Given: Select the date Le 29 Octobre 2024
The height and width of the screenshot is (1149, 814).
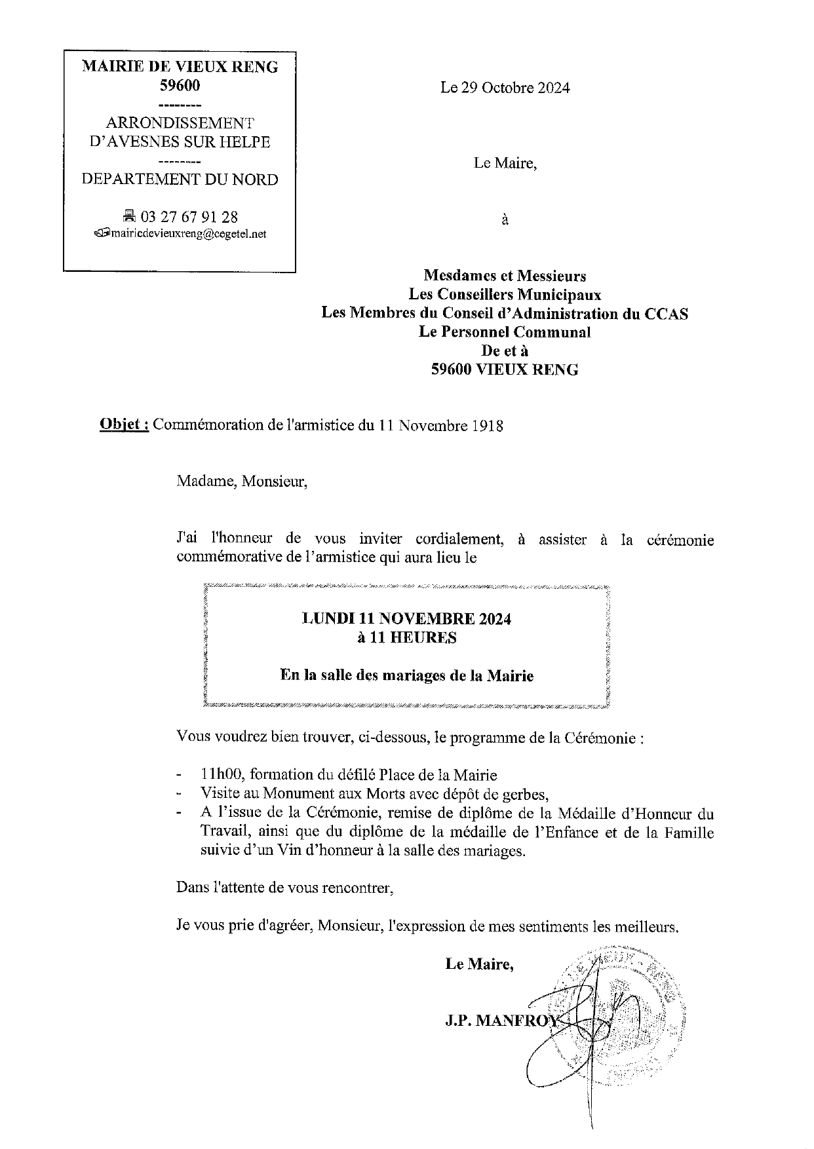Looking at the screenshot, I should (x=505, y=88).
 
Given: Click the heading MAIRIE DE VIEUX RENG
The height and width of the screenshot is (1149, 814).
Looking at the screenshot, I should (x=180, y=67).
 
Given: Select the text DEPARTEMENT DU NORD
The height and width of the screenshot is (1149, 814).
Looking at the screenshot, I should (x=180, y=179).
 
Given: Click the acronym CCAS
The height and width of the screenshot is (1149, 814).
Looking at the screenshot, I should (x=665, y=313).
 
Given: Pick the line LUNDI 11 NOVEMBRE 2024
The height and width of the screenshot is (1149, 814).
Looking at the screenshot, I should (x=406, y=618).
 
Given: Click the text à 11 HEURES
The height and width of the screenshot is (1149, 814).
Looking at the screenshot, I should (x=406, y=637).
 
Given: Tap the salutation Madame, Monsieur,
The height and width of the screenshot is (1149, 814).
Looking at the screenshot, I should (x=241, y=482).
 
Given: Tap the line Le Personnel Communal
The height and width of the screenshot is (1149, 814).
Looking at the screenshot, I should (x=505, y=332).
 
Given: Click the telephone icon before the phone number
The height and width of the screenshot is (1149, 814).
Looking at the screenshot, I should (x=129, y=216).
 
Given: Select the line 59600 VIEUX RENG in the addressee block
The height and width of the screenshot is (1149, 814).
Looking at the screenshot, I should (x=505, y=369).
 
